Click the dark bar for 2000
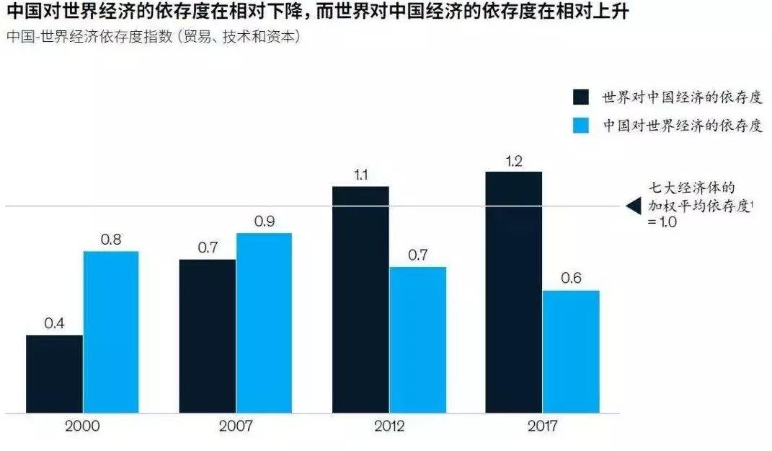coord(54,374)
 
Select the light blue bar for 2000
coord(110,332)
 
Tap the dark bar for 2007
coord(207,336)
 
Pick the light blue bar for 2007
coord(264,323)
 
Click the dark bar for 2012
coord(360,299)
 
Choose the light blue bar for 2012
coord(417,340)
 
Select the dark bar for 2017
coord(513,292)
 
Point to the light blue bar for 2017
coord(570,351)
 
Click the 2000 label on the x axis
coord(82,426)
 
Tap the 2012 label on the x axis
coord(389,426)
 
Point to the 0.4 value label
coord(54,323)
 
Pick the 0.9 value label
coord(264,222)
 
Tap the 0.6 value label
coord(570,279)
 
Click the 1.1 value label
coord(360,175)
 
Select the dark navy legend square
coord(582,97)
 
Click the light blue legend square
coord(582,124)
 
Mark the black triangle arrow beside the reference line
coord(633,206)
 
